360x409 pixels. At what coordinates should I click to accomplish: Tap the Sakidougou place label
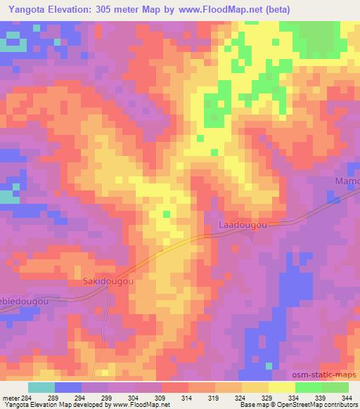pyautogui.click(x=109, y=283)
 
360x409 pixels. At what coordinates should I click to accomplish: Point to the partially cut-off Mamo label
pyautogui.click(x=346, y=181)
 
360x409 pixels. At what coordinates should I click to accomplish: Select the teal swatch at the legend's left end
pyautogui.click(x=41, y=387)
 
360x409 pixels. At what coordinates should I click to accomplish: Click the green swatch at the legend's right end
pyautogui.click(x=335, y=387)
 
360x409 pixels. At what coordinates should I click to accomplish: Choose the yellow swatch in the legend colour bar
pyautogui.click(x=281, y=387)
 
